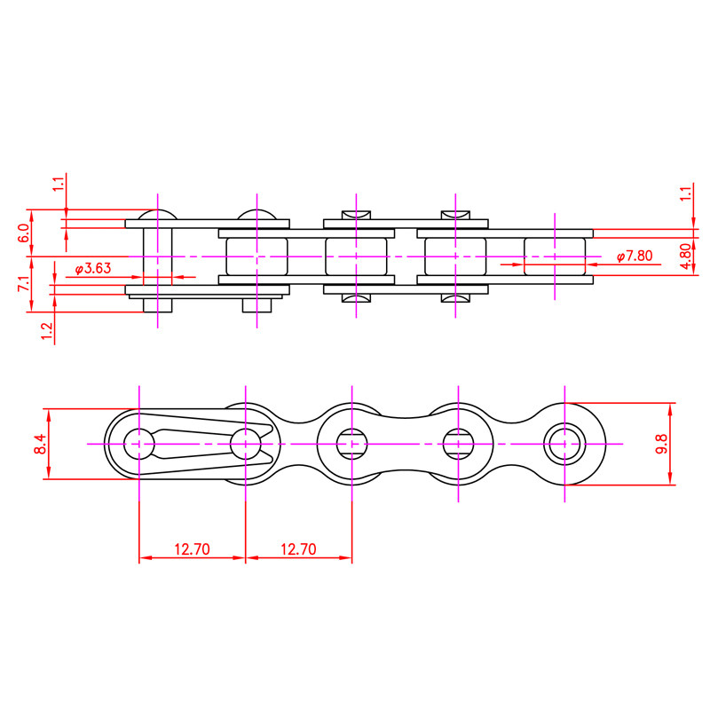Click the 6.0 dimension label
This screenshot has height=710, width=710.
[x=24, y=233]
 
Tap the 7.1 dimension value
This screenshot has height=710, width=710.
[x=24, y=284]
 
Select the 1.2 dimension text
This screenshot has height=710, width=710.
[x=47, y=331]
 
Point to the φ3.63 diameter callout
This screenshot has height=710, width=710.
[x=93, y=269]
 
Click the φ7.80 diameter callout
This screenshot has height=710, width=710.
[x=635, y=256]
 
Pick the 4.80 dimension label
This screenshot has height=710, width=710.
[x=686, y=256]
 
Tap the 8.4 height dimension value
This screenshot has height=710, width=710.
[x=39, y=444]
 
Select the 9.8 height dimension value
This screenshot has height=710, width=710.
[x=661, y=444]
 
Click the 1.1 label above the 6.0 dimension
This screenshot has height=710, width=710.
[x=59, y=184]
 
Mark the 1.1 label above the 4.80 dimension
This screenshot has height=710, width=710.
[x=686, y=193]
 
